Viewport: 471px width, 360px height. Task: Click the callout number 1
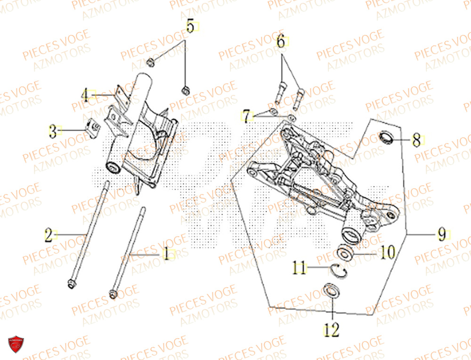[166, 254]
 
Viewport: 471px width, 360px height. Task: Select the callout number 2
[49, 234]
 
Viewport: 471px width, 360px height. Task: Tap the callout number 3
[53, 131]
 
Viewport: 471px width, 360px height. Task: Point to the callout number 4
[85, 95]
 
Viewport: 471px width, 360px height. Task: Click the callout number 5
[190, 26]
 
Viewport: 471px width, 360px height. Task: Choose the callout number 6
[281, 42]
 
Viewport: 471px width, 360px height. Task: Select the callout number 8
[416, 140]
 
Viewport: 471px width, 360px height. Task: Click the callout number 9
[441, 234]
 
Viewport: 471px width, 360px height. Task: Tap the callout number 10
[387, 253]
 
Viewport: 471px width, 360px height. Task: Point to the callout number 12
[332, 330]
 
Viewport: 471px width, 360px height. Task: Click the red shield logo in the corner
[16, 346]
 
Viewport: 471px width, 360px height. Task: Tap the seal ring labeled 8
[387, 138]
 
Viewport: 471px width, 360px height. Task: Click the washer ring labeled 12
[333, 291]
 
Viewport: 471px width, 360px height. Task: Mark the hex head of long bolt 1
[113, 294]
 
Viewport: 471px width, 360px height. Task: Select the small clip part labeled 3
[92, 126]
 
